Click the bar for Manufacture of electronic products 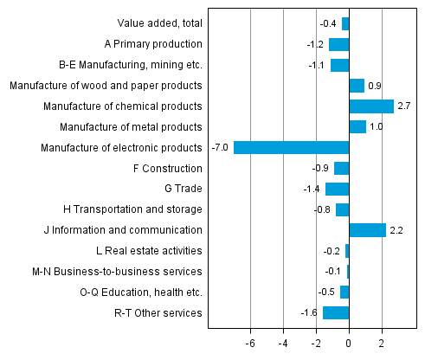pos(291,147)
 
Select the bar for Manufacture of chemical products pos(371,106)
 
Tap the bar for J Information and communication pos(367,230)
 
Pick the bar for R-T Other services pos(336,312)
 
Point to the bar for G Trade pos(338,189)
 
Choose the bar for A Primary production pos(339,44)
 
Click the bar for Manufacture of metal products pos(357,127)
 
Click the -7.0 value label pos(220,147)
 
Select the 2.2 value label pos(397,230)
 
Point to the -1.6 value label pos(310,312)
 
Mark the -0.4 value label pos(329,23)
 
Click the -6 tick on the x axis pos(249,343)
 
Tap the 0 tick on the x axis pos(349,343)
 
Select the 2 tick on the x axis pos(382,343)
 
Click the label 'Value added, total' pos(159,23)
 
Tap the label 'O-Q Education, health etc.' pos(140,292)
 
